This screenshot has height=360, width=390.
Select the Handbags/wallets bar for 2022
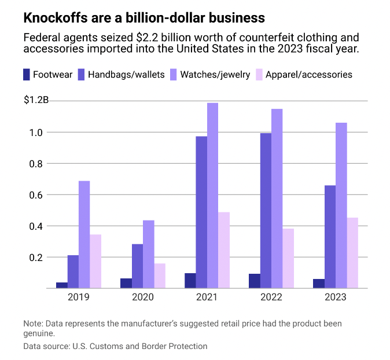(x=266, y=211)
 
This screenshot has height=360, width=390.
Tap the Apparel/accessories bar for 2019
(x=95, y=261)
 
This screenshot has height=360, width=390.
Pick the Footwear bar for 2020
(x=126, y=283)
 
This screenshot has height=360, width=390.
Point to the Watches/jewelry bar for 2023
(x=341, y=205)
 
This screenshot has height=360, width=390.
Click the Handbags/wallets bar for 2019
(x=73, y=271)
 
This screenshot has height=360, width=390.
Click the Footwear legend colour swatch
(x=27, y=75)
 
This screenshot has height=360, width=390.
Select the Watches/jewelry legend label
(x=215, y=75)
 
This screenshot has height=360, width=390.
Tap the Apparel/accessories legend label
(x=308, y=75)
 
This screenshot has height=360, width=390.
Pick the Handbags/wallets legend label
(x=126, y=75)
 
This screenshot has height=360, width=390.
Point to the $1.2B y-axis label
(x=36, y=100)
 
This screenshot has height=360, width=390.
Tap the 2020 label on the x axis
(x=143, y=298)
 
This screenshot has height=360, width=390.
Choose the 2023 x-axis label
(x=336, y=298)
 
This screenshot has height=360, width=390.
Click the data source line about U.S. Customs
(x=115, y=346)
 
